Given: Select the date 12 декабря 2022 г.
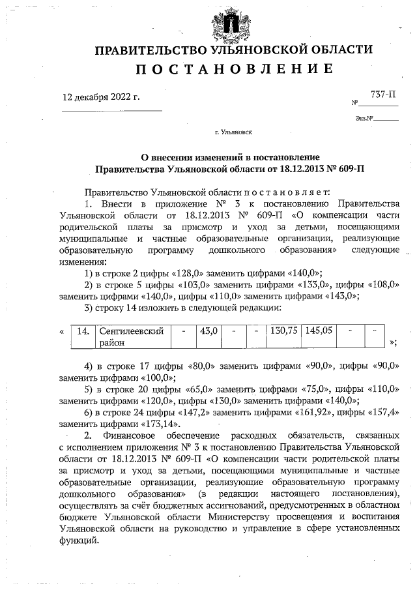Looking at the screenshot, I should pyautogui.click(x=101, y=97).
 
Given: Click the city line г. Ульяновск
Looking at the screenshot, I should pyautogui.click(x=233, y=132).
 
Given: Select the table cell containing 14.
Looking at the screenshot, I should pyautogui.click(x=83, y=331).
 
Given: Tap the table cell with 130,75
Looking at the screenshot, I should pyautogui.click(x=284, y=331).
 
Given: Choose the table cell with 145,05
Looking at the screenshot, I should pyautogui.click(x=319, y=331).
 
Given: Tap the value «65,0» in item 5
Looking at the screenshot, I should pyautogui.click(x=182, y=389).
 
